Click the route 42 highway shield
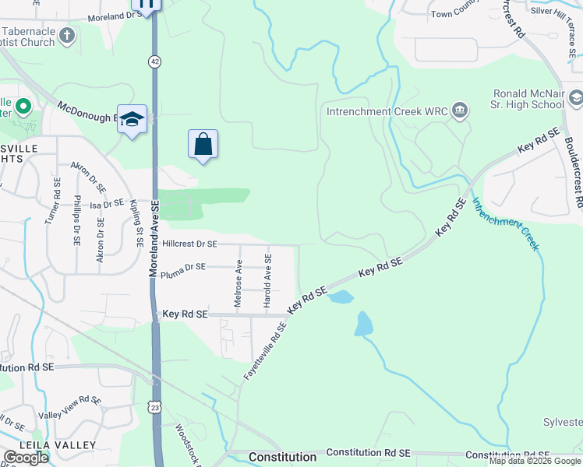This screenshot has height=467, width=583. coord(156,59)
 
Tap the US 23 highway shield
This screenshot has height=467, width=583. coord(156,406)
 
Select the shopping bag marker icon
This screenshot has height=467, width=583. coord(203,144)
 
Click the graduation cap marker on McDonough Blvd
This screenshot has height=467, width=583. coord(132,119)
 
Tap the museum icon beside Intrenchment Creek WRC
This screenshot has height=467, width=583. coord(460,111)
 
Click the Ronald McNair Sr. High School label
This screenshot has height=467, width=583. coord(528,98)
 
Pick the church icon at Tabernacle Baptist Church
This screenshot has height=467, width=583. coord(68,35)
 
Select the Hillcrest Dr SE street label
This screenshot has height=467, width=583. coord(189,244)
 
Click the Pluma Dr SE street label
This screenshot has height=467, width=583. coord(182,266)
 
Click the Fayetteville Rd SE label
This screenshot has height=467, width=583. coord(265,350)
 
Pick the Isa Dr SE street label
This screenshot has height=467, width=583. coord(107,203)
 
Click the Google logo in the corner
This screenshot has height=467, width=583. coord(26,458)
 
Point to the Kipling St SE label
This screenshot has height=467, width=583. coord(136,223)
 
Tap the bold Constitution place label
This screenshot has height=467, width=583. coord(282,456)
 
